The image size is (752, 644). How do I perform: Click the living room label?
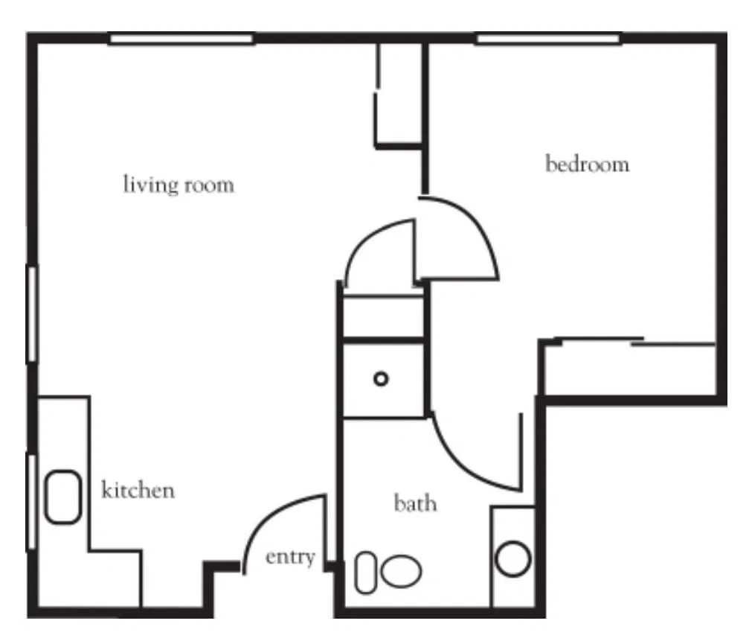[x=179, y=185]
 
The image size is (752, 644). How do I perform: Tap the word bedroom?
[x=587, y=164]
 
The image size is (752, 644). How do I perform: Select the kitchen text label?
[x=138, y=490]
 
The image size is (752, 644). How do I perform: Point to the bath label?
[x=415, y=503]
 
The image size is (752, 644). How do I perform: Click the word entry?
[x=290, y=558]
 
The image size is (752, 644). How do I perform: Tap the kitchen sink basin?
[x=62, y=497]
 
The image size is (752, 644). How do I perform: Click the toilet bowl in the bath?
[x=402, y=571]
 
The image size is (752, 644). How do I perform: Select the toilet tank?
[x=366, y=572]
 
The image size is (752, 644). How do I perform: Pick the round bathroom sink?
[x=513, y=558]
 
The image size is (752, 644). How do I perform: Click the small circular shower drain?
[x=381, y=379]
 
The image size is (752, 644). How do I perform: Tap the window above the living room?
[x=181, y=39]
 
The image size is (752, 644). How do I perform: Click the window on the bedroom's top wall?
[x=549, y=39]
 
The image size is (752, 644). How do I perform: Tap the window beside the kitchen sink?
[x=32, y=502]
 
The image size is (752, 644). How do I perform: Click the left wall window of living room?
[x=32, y=313]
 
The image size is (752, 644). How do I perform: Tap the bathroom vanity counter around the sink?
[x=513, y=557]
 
